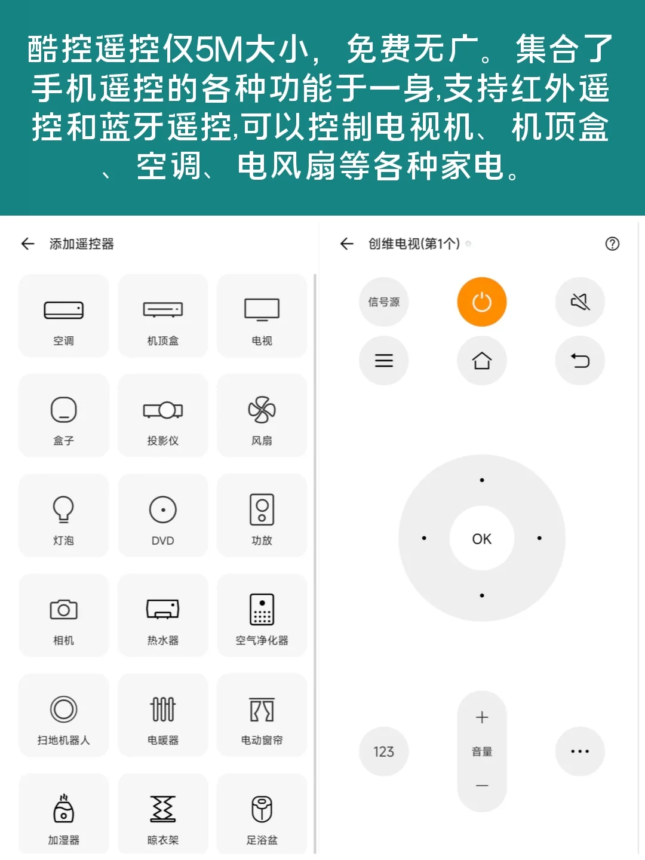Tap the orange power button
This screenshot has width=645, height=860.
(x=481, y=302)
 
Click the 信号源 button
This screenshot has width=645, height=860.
(x=383, y=302)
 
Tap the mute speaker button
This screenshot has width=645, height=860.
(x=580, y=302)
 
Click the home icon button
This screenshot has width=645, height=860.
(x=481, y=361)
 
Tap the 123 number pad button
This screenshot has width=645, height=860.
(x=383, y=751)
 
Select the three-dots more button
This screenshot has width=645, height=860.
(x=580, y=751)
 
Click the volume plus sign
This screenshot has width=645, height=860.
(x=481, y=717)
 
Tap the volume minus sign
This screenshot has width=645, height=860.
(x=481, y=785)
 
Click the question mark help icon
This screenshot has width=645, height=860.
(x=612, y=244)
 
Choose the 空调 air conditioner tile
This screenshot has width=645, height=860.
(x=64, y=317)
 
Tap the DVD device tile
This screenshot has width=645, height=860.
(x=162, y=516)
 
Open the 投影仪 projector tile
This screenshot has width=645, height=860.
(x=162, y=416)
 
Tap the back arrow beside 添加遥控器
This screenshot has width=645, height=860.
(x=27, y=244)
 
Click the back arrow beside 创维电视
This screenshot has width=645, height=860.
(x=346, y=244)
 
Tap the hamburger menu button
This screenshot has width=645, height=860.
(x=383, y=361)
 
